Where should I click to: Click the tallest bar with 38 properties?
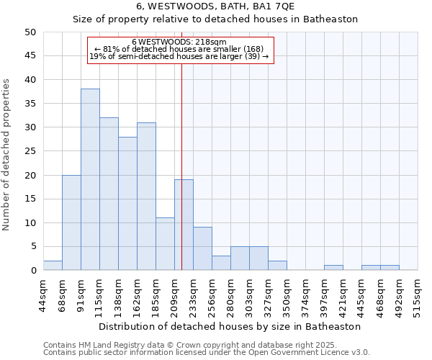click(90, 179)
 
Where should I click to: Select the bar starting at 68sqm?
click(71, 222)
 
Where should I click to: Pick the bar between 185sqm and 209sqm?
click(165, 244)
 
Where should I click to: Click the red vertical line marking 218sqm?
click(181, 144)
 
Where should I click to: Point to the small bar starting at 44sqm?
click(53, 266)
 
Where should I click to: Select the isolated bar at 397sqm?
click(333, 268)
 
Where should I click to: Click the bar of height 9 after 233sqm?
click(202, 248)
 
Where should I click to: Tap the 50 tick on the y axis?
click(30, 32)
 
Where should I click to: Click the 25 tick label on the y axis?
click(30, 151)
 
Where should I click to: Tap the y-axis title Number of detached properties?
click(7, 155)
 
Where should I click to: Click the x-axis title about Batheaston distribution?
click(230, 326)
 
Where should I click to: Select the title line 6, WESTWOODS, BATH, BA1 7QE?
click(215, 6)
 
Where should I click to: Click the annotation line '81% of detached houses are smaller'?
click(180, 49)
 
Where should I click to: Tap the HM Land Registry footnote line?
click(205, 345)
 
